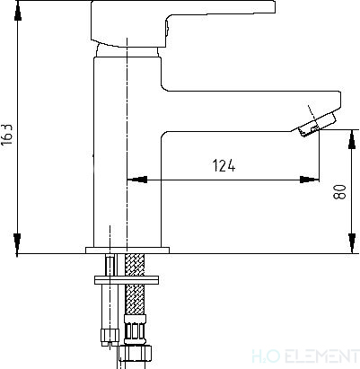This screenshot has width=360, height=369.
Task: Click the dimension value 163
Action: [7, 134]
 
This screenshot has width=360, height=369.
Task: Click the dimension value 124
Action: [224, 165]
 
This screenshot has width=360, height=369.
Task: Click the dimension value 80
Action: [339, 192]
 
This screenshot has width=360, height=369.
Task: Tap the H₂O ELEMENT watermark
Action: [305, 356]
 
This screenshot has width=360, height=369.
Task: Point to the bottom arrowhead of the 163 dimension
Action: [18, 244]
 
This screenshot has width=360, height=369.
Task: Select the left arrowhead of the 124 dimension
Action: [137, 180]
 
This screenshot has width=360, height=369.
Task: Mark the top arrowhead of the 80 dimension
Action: [353, 139]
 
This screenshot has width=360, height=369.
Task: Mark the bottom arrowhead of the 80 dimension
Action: [353, 243]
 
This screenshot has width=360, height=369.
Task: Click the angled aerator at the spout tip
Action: [317, 124]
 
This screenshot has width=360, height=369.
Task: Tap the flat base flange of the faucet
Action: [127, 250]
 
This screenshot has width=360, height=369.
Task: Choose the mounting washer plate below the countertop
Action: [127, 280]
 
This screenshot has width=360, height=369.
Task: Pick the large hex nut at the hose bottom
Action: [135, 354]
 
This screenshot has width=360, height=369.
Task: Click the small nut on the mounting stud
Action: [110, 336]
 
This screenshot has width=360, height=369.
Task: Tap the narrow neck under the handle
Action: [127, 50]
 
